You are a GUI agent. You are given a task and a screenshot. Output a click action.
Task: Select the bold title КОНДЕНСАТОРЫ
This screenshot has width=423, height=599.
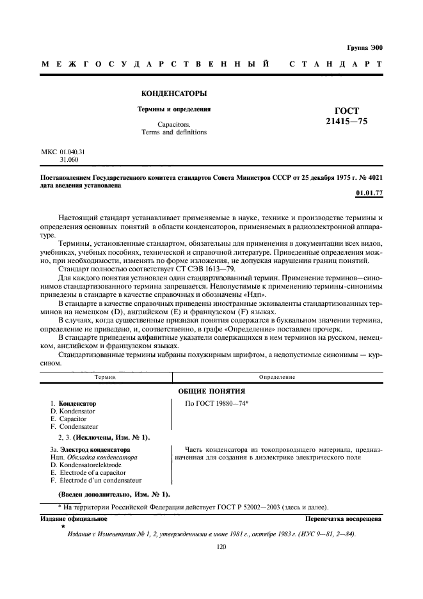coord(175,93)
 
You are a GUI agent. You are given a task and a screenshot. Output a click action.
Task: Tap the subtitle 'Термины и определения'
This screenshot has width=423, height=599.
coord(175,109)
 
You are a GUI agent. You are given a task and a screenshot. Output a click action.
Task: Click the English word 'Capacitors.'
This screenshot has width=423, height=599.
coord(174,124)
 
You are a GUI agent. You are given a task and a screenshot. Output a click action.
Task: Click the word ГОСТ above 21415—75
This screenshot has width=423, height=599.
coord(347,110)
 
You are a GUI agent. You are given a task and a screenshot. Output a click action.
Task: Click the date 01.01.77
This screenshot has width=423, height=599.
coord(368,193)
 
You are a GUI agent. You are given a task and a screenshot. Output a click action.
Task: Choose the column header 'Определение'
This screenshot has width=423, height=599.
coord(277,377)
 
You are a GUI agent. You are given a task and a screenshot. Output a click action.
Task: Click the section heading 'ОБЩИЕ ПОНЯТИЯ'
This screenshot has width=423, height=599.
coord(211,390)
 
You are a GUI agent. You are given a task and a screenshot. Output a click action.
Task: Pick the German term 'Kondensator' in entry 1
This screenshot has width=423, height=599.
coord(77,411)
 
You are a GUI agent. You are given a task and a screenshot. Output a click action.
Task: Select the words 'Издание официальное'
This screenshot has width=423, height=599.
coord(74,519)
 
